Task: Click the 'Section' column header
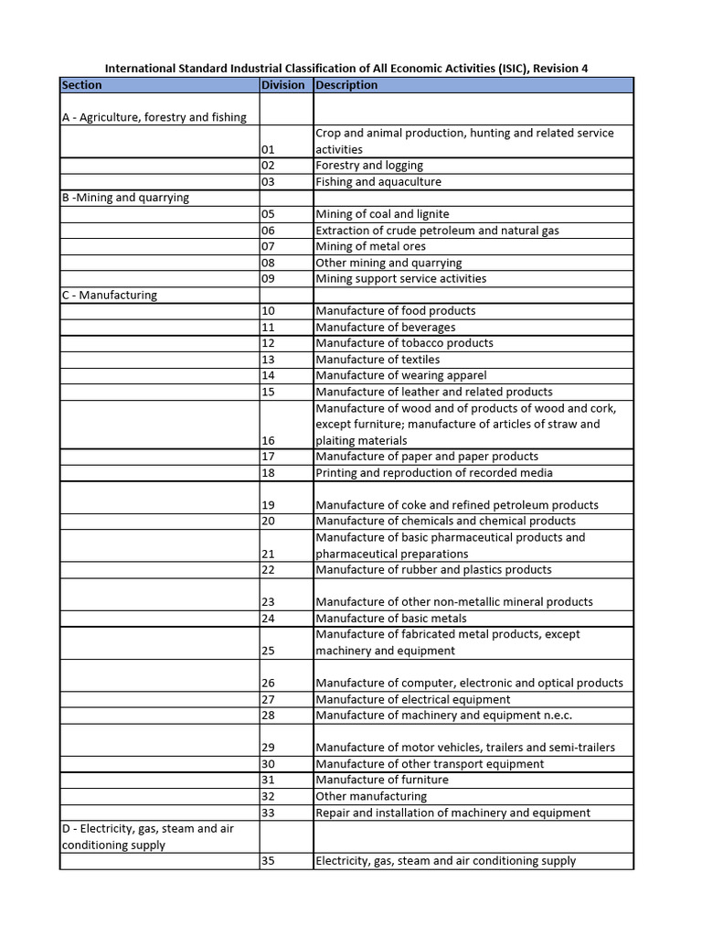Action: click(x=82, y=85)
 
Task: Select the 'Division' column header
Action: click(x=282, y=85)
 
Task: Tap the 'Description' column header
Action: click(x=346, y=85)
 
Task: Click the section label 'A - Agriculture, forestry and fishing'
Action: click(x=154, y=117)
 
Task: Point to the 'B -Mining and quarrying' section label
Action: click(x=125, y=198)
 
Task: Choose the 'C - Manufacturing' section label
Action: click(x=110, y=296)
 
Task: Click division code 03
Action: click(x=268, y=182)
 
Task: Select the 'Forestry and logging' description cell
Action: click(x=369, y=166)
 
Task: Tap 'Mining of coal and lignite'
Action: click(x=382, y=214)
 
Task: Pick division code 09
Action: click(x=268, y=279)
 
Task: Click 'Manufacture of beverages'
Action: click(x=385, y=328)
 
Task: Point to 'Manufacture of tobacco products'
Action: click(x=404, y=343)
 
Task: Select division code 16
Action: click(x=268, y=440)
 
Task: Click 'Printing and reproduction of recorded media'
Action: click(x=433, y=473)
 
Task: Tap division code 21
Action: click(x=268, y=554)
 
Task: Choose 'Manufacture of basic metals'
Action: click(x=391, y=619)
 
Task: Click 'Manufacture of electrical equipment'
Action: click(x=413, y=699)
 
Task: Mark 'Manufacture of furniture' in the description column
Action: click(x=382, y=780)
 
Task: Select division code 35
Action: click(x=268, y=861)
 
